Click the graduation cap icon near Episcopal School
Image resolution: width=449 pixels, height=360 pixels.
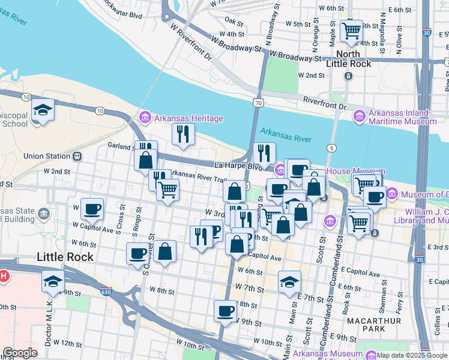[x=43, y=110]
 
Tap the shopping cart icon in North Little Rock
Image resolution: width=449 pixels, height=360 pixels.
[x=351, y=30]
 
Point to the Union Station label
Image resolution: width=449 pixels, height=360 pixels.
[x=47, y=157]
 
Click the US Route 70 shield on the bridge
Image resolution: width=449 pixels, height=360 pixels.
[x=257, y=104]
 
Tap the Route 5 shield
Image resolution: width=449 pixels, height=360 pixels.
[x=331, y=148]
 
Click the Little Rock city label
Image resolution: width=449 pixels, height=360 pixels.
[x=65, y=257]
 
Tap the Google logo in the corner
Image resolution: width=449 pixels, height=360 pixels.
[x=20, y=353]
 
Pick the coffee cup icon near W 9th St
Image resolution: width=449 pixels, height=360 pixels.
[x=225, y=311]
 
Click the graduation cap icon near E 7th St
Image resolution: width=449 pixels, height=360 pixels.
[x=289, y=282]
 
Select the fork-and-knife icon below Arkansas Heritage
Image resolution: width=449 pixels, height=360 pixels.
[x=183, y=134]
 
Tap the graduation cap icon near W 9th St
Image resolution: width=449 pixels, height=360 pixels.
[x=53, y=280]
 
